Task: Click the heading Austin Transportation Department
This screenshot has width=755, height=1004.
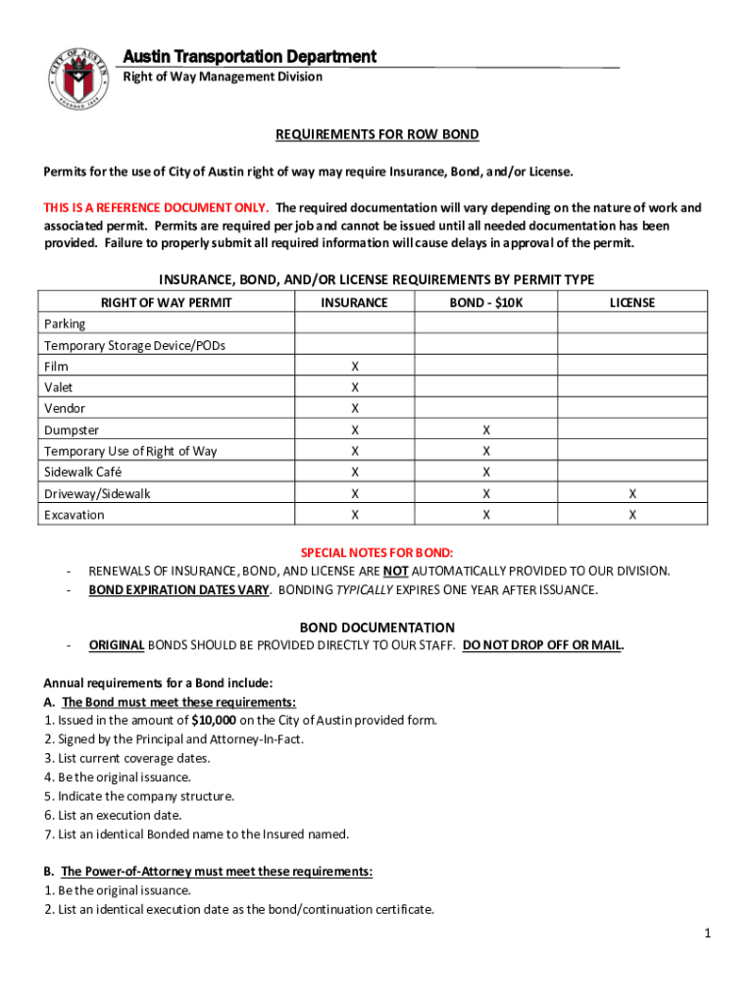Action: pyautogui.click(x=249, y=56)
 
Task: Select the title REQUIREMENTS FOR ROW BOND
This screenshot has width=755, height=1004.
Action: pyautogui.click(x=377, y=134)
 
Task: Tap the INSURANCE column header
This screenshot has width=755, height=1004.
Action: pyautogui.click(x=354, y=303)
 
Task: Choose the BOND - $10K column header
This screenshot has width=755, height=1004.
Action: pyautogui.click(x=485, y=303)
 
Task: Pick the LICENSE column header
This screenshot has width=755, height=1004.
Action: pyautogui.click(x=631, y=303)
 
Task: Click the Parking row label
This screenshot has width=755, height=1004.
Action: pyautogui.click(x=65, y=324)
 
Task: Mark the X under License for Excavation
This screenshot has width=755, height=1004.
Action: pyautogui.click(x=631, y=515)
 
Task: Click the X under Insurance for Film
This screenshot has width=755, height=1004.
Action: pyautogui.click(x=354, y=367)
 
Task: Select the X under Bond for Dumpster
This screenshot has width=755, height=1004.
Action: pyautogui.click(x=485, y=430)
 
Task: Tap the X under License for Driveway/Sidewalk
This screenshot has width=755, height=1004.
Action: pyautogui.click(x=631, y=494)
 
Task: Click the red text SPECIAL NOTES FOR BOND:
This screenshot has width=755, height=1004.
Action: pyautogui.click(x=377, y=553)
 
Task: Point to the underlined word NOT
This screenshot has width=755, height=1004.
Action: pyautogui.click(x=395, y=571)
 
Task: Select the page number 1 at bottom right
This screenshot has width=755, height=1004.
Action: pyautogui.click(x=706, y=934)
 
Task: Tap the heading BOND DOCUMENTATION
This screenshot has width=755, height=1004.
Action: pyautogui.click(x=377, y=627)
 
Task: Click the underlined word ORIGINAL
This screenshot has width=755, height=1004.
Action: pyautogui.click(x=118, y=645)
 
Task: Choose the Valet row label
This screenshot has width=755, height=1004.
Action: pyautogui.click(x=59, y=387)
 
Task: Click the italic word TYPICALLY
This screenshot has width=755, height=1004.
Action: pyautogui.click(x=369, y=589)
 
